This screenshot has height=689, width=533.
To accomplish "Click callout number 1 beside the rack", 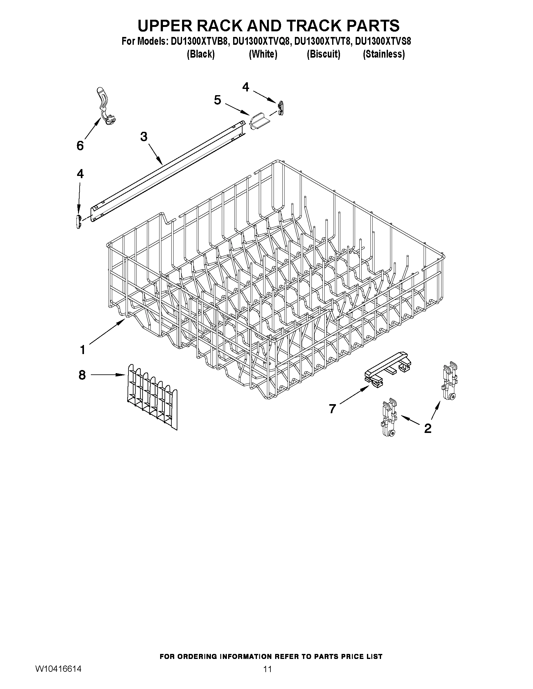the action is (82, 350).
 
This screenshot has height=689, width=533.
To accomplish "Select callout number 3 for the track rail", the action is (144, 137).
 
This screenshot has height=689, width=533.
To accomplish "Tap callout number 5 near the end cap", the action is (217, 100).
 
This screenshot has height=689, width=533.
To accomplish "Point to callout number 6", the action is (80, 146).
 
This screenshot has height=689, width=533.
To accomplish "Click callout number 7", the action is (332, 409).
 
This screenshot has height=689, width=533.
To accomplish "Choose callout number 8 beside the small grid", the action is (82, 375).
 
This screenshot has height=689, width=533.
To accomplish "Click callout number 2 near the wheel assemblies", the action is (427, 429).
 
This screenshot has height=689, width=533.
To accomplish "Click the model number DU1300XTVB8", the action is (199, 41).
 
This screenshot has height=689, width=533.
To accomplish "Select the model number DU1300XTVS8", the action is (383, 41).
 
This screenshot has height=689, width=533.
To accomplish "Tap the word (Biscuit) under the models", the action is (324, 54).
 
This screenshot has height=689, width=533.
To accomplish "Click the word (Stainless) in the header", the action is (384, 54).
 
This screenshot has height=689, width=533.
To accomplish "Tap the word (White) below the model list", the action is (263, 54).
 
